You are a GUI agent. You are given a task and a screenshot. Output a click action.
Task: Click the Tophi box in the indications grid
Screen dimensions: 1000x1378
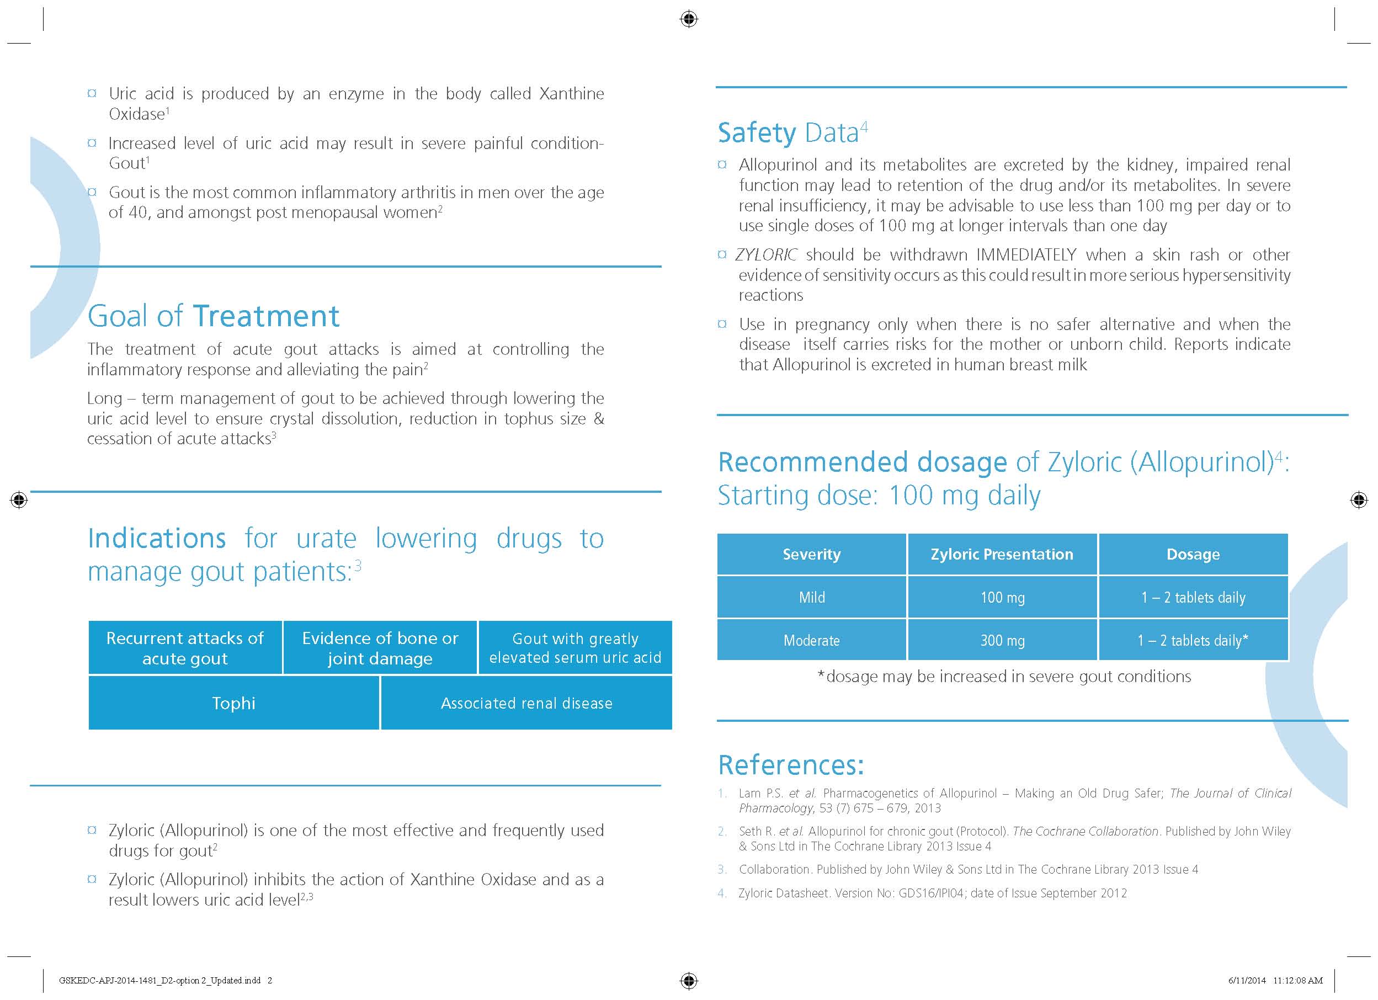click(234, 703)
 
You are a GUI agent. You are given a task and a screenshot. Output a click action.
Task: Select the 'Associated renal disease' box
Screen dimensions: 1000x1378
click(526, 703)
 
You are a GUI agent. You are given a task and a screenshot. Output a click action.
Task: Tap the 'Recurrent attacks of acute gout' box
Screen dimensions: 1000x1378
click(185, 648)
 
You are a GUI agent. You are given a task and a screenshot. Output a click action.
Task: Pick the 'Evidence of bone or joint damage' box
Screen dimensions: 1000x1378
click(380, 648)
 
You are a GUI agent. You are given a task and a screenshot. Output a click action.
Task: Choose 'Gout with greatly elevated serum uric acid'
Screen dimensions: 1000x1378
click(575, 648)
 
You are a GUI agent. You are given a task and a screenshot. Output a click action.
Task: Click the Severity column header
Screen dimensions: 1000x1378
click(811, 554)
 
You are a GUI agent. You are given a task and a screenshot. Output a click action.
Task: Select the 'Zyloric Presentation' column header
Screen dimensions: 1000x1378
click(1002, 554)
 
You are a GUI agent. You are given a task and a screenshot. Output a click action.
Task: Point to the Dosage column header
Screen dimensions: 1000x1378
click(1193, 554)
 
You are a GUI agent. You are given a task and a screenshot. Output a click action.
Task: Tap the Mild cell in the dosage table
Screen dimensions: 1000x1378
click(811, 597)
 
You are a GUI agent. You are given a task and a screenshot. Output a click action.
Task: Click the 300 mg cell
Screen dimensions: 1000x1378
click(1002, 640)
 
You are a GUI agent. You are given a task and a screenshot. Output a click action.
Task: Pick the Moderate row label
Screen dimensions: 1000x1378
click(811, 640)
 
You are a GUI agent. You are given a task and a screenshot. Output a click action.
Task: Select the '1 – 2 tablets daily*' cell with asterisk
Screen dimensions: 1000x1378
click(1193, 640)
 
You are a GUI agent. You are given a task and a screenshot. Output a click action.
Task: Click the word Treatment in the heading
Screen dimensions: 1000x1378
click(265, 316)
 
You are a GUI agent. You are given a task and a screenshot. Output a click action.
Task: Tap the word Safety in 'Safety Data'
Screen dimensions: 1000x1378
click(757, 133)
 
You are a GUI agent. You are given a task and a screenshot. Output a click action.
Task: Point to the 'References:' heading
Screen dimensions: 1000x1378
click(790, 765)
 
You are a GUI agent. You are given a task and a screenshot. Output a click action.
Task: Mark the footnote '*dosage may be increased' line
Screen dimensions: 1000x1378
click(1004, 676)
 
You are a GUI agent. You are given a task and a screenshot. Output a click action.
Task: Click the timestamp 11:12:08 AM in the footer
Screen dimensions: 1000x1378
click(1297, 980)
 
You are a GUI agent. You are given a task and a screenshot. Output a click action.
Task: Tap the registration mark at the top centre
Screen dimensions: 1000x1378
click(688, 19)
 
